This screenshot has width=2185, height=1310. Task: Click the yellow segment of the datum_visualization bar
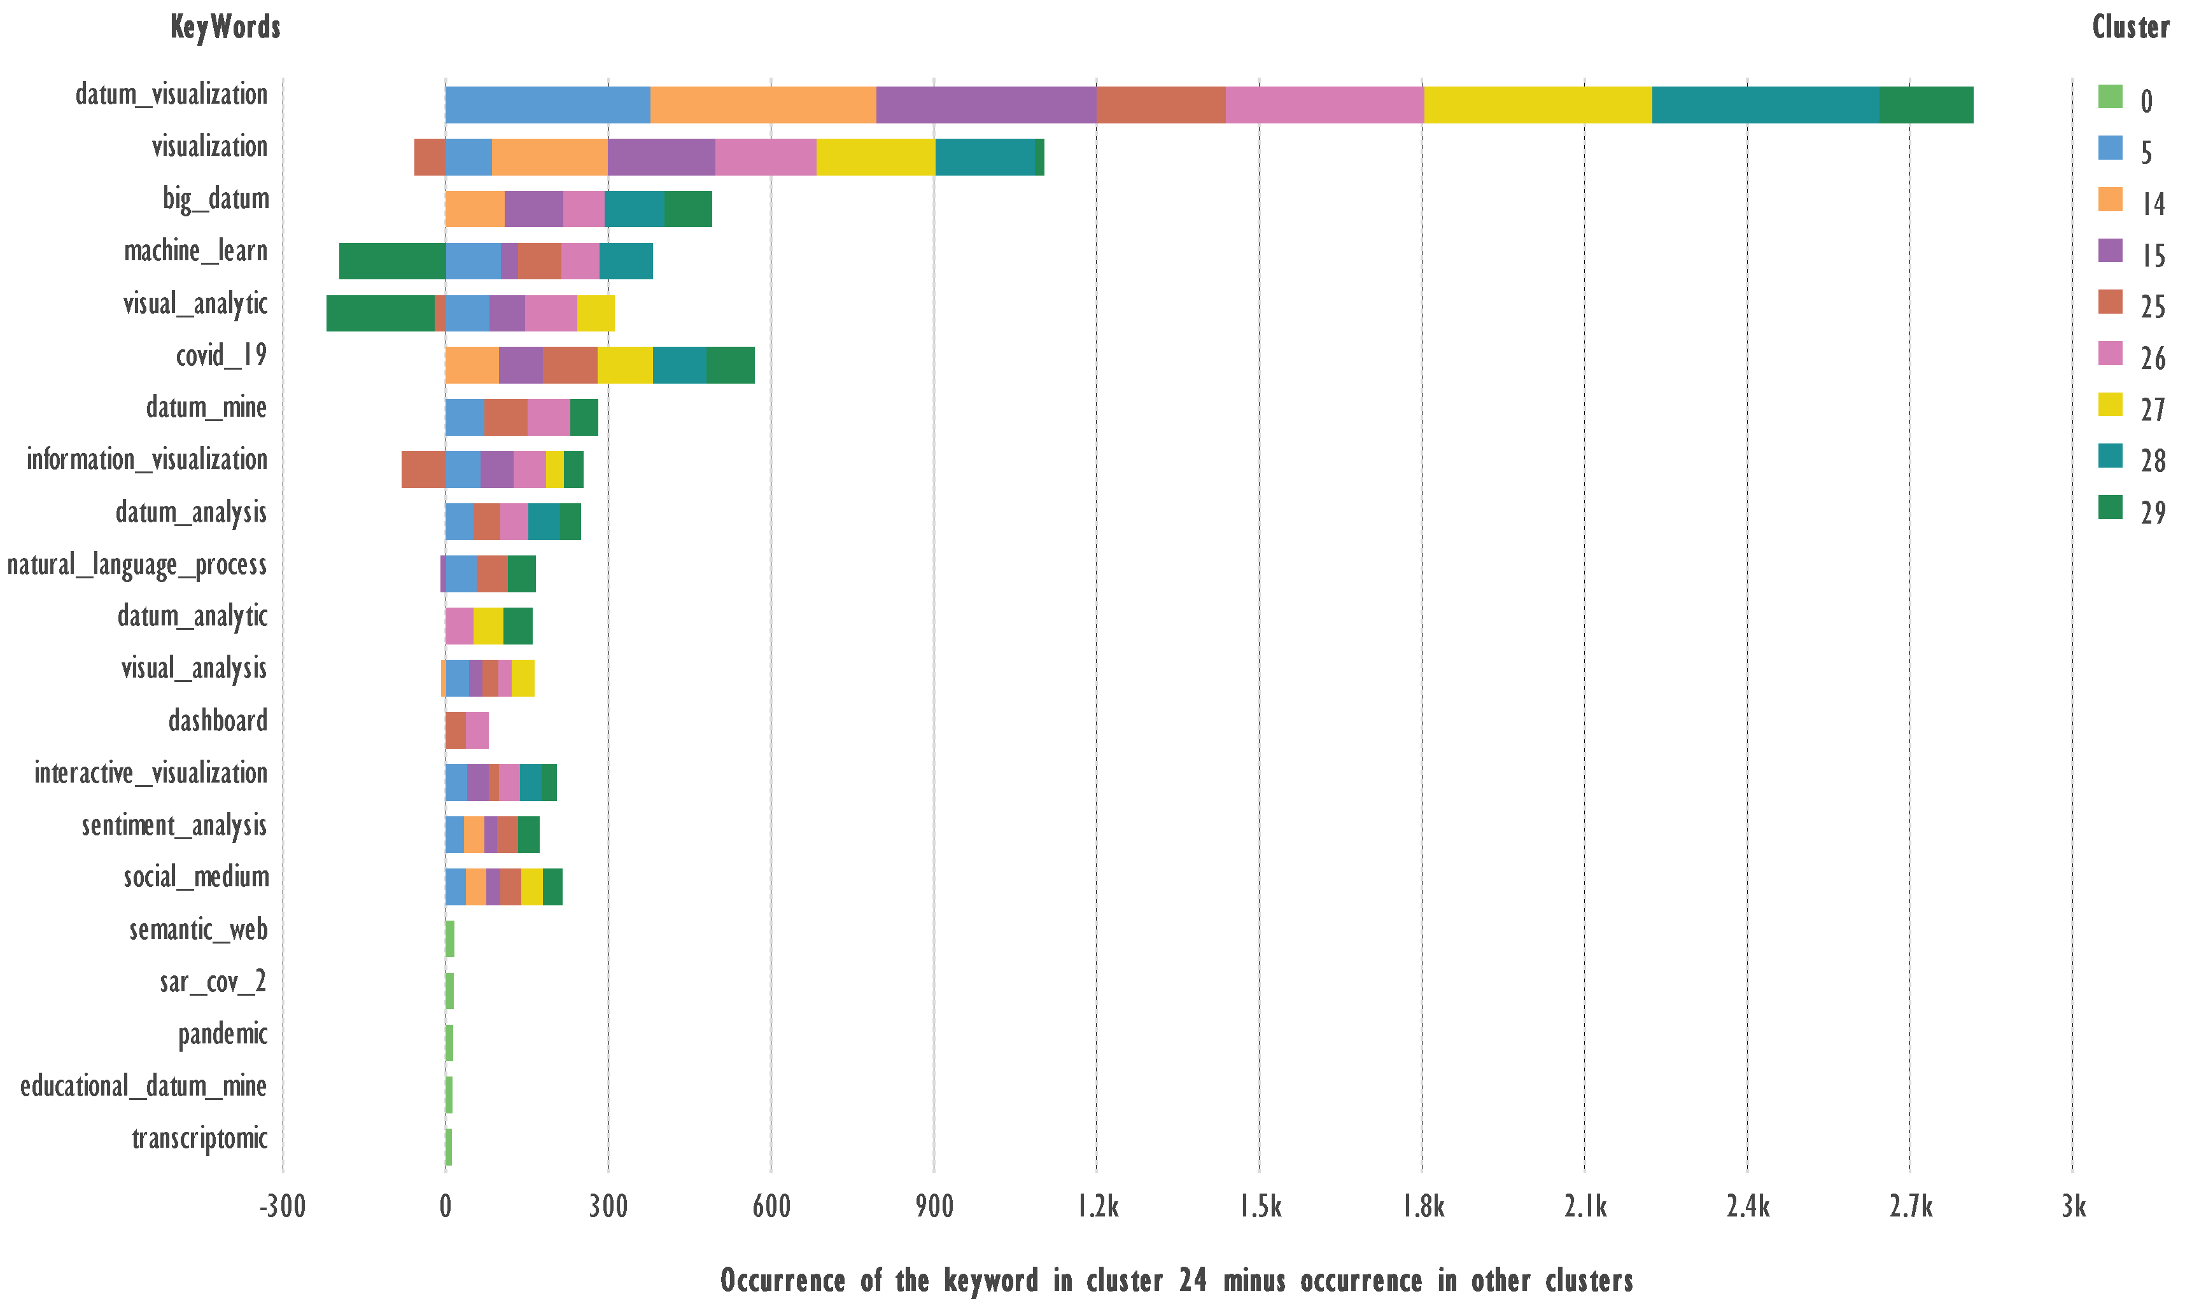click(1537, 105)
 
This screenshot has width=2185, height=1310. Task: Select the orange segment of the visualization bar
click(549, 157)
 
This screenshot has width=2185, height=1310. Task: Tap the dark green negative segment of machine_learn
click(392, 261)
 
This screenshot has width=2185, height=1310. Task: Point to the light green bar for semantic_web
click(450, 938)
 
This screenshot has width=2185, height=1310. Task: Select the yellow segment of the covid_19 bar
click(625, 365)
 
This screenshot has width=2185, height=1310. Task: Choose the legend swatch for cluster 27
click(2110, 405)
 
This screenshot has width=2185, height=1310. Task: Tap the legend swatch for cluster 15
click(2110, 251)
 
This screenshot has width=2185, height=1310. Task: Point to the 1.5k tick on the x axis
click(1260, 1206)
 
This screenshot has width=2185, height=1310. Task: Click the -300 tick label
click(283, 1206)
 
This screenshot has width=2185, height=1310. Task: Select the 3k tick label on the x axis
click(2073, 1206)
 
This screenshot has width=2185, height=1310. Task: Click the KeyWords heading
click(225, 27)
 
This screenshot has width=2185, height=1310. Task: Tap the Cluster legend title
click(2130, 27)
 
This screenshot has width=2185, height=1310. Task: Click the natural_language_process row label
click(137, 565)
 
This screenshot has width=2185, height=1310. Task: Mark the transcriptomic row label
click(199, 1139)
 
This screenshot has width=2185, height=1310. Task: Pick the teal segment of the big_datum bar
click(634, 209)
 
